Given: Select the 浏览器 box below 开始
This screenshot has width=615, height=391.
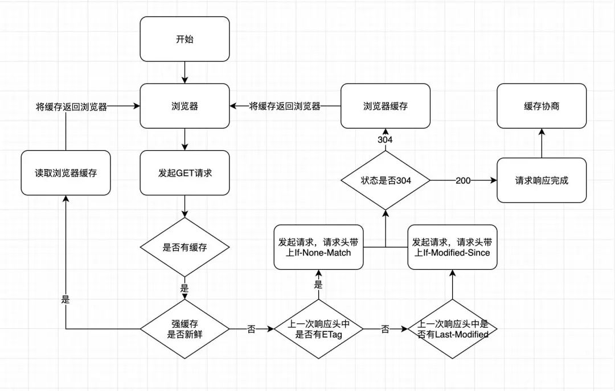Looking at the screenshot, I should pyautogui.click(x=184, y=106).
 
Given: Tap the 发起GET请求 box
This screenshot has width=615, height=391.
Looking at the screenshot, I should pyautogui.click(x=184, y=172).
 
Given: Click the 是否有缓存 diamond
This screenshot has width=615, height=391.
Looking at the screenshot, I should pyautogui.click(x=184, y=247).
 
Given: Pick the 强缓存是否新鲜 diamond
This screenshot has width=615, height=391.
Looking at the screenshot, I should pyautogui.click(x=184, y=329).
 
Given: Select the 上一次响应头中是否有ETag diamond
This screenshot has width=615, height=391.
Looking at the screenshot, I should pyautogui.click(x=318, y=329).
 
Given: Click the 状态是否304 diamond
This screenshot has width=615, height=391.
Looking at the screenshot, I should pyautogui.click(x=386, y=180).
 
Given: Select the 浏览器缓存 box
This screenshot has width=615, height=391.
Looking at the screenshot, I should pyautogui.click(x=386, y=106).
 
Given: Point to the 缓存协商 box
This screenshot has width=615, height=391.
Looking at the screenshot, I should pyautogui.click(x=542, y=106).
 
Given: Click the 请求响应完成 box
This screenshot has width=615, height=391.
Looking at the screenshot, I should pyautogui.click(x=542, y=180).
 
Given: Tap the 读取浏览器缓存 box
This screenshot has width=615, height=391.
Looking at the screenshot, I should pyautogui.click(x=65, y=172).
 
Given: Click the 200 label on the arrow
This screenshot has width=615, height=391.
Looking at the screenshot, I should pyautogui.click(x=462, y=180).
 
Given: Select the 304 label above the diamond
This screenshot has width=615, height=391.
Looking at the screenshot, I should pyautogui.click(x=386, y=139).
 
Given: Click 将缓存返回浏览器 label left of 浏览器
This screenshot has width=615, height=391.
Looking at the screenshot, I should pyautogui.click(x=71, y=106).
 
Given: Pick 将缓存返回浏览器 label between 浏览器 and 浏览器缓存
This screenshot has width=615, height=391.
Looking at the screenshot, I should pyautogui.click(x=285, y=106).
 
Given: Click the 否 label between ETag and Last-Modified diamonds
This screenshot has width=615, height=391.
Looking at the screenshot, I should pyautogui.click(x=386, y=329).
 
